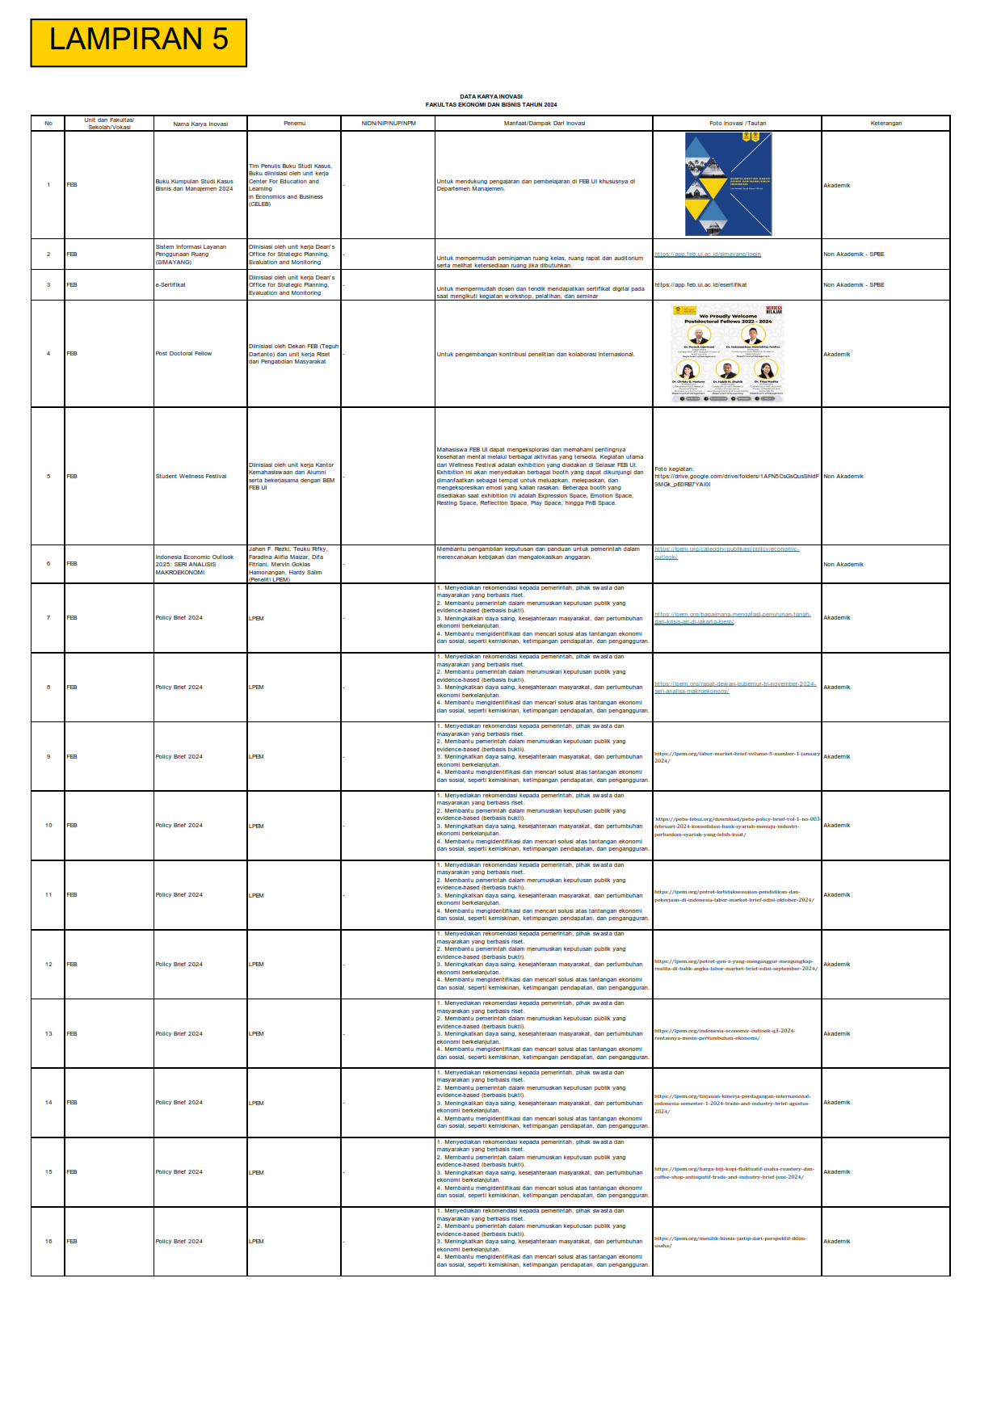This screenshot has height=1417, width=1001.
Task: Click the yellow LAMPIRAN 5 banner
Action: [138, 43]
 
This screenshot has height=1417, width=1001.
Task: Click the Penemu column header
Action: [294, 124]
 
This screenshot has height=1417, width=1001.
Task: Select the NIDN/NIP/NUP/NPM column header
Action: [388, 124]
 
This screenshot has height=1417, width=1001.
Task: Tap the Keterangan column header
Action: [885, 124]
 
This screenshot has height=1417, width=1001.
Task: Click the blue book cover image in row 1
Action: [728, 184]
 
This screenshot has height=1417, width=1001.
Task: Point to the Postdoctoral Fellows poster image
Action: [728, 354]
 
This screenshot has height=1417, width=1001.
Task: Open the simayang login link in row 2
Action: [708, 254]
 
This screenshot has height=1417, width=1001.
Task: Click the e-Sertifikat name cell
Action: [170, 285]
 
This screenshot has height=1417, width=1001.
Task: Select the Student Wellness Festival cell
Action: [191, 477]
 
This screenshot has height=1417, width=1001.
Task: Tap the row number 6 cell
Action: [48, 564]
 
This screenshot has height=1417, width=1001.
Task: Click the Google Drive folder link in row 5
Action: [736, 477]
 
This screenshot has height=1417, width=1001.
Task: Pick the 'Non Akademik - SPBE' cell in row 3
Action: [854, 285]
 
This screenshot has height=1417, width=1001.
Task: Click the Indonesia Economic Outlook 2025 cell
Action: [195, 565]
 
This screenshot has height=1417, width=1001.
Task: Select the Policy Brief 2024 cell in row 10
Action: [179, 826]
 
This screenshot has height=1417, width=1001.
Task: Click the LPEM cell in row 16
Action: [257, 1242]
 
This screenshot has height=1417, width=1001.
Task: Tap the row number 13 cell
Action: [48, 1034]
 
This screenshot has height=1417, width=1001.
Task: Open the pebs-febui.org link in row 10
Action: [737, 826]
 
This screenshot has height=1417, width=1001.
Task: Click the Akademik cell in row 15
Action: [837, 1172]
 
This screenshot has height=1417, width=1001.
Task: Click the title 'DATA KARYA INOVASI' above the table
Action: [491, 97]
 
